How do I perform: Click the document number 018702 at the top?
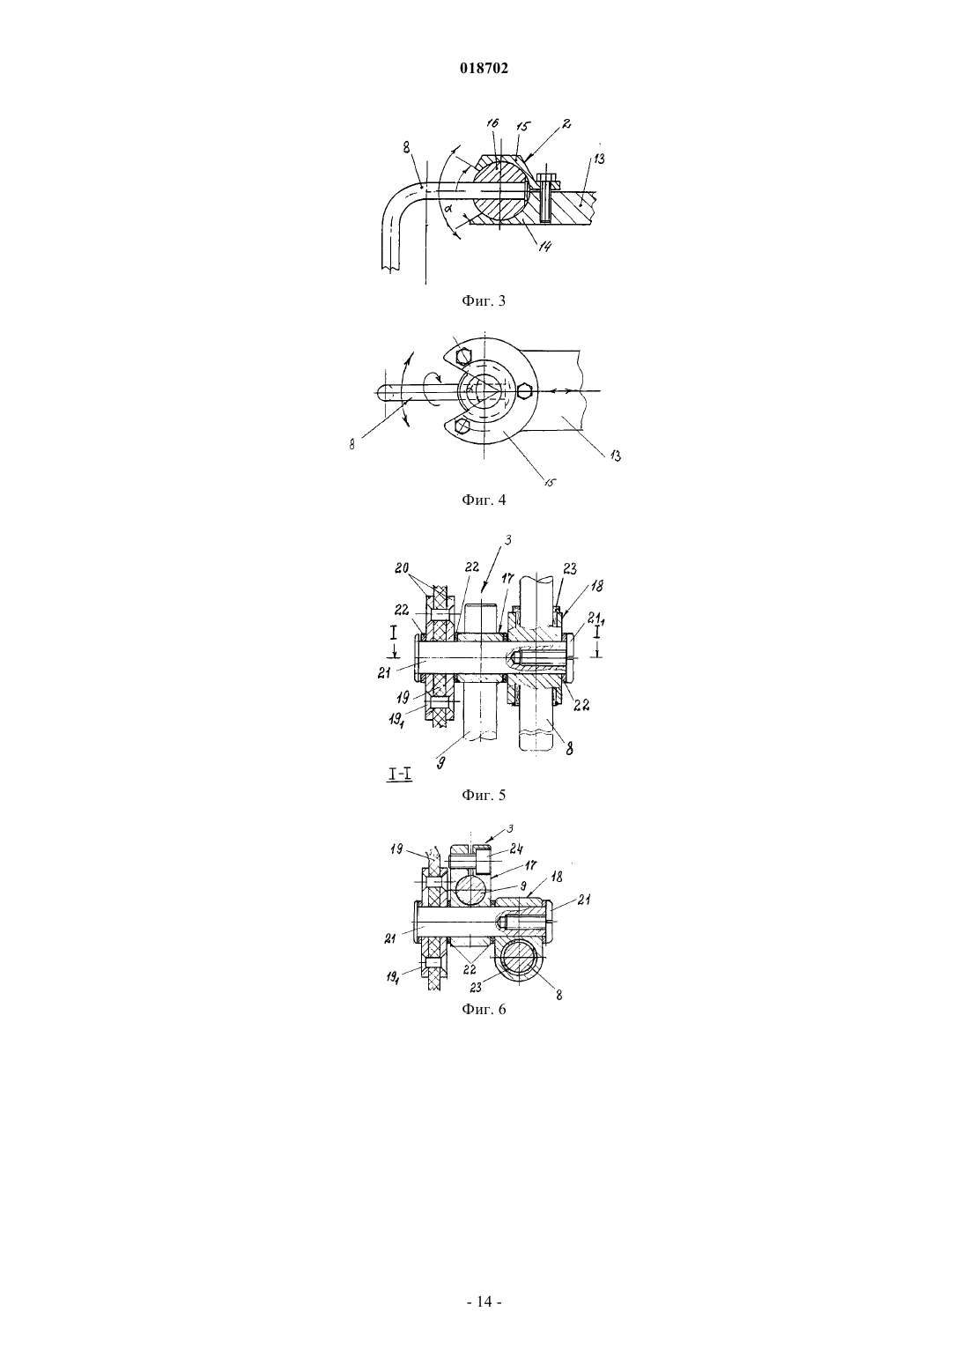coord(484,69)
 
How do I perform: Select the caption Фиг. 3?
coord(484,300)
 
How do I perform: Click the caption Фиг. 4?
coord(484,500)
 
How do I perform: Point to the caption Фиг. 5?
coord(484,795)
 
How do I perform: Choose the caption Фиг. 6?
coord(484,1009)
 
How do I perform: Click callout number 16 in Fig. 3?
coord(493,124)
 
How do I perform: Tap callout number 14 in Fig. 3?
coord(544,246)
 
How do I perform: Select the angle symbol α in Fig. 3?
coord(448,210)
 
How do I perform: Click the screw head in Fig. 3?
coord(545,179)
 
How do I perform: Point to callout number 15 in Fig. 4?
coord(551,482)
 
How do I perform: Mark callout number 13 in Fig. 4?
coord(615,456)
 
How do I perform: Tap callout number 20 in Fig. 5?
coord(402,567)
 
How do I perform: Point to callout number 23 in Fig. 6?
coord(476,987)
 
